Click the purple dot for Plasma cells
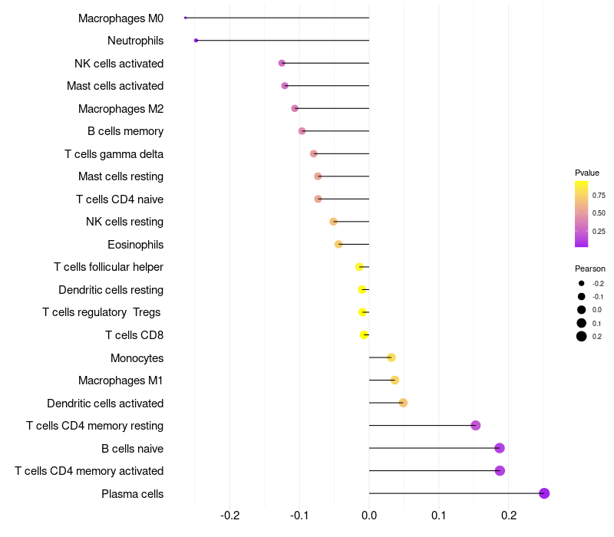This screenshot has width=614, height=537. tap(544, 493)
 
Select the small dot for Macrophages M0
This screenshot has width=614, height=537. tap(186, 17)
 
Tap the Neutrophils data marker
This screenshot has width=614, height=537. tap(196, 40)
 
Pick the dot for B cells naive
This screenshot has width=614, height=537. tap(500, 448)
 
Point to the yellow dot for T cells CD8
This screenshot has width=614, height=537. tap(365, 334)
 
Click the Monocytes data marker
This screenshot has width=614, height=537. tap(391, 357)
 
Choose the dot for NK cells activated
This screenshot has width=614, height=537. tap(282, 63)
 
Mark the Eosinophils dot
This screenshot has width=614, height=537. tap(338, 244)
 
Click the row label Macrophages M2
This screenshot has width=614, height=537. tap(120, 109)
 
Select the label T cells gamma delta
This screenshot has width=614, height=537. tap(114, 154)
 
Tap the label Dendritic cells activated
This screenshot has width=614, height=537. tap(105, 404)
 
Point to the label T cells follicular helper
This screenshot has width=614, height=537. tap(108, 267)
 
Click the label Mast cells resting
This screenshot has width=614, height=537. tap(120, 176)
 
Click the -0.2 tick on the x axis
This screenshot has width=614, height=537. tap(230, 515)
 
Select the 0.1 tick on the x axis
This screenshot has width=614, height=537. tap(439, 515)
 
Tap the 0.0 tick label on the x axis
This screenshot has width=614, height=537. tap(369, 515)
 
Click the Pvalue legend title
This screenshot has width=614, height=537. tap(587, 173)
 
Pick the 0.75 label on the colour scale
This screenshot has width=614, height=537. tap(599, 195)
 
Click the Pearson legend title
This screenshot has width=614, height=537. tap(590, 268)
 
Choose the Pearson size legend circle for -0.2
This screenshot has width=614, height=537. tap(582, 283)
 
